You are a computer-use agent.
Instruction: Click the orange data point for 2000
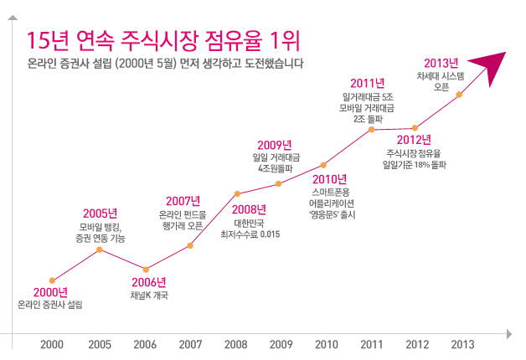pos(53,280)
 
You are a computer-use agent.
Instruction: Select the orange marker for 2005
pos(100,249)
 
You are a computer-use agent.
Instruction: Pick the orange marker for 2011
pos(372,129)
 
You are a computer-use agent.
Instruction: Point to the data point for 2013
pos(459,95)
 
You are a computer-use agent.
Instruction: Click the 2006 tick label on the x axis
pos(145,344)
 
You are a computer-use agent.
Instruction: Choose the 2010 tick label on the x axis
pos(326,344)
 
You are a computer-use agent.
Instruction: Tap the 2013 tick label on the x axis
pos(462,344)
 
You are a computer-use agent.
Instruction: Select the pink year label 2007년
pos(183,201)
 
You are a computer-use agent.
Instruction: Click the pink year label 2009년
pos(274,145)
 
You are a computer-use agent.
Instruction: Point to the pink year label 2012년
pos(414,139)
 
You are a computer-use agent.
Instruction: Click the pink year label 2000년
pos(50,292)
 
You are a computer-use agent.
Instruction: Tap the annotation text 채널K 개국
pos(149,295)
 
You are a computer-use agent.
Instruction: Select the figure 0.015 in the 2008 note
pos(269,234)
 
